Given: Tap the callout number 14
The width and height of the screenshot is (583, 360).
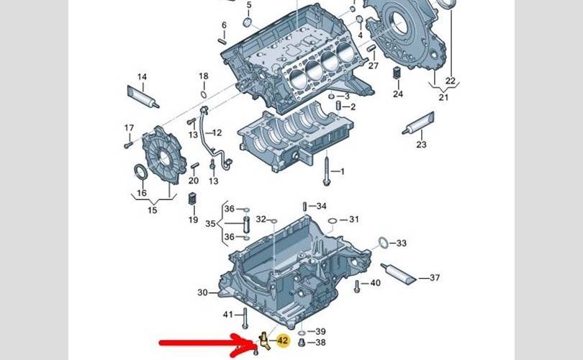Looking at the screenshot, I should coord(142,77).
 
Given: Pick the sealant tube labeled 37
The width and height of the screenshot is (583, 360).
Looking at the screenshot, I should coord(401,271).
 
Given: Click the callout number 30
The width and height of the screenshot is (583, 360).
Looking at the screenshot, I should coord(202,292).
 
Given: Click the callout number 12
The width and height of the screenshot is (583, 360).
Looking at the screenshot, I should coord(217,132).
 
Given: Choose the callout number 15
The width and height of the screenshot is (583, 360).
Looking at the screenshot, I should coord(152,210).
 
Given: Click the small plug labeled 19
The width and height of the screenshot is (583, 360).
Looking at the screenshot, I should coord(192,199).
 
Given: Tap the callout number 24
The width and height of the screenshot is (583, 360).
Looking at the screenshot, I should coord(398,94).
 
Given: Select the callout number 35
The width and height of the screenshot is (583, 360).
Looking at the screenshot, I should coord(210,223).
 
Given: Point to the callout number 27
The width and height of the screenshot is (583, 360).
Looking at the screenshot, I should coord(373,66).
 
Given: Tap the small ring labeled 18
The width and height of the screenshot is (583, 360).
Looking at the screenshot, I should coord(204,93).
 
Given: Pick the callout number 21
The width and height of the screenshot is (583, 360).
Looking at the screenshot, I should coord(443,97).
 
